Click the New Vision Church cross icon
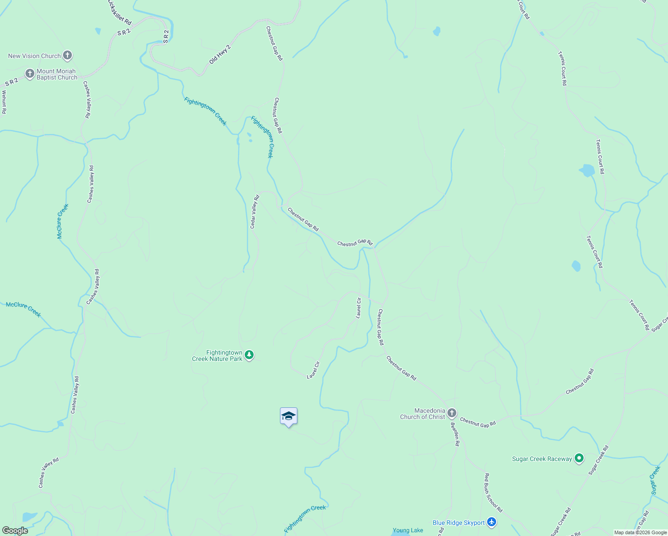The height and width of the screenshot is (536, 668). click(x=67, y=56)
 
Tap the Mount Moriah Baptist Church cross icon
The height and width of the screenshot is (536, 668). click(x=30, y=74)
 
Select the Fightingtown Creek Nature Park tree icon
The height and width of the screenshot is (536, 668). click(x=249, y=356)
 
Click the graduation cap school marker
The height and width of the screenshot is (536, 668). click(x=288, y=416)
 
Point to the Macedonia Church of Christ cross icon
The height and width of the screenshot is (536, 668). click(x=452, y=413)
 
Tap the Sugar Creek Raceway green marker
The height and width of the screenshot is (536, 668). click(x=579, y=458)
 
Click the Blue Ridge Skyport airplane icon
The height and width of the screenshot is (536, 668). click(x=492, y=522)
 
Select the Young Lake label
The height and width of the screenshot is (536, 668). click(x=408, y=530)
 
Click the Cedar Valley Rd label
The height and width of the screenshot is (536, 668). click(x=254, y=212)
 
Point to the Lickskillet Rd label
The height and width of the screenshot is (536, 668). click(x=120, y=13)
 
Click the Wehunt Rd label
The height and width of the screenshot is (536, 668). click(x=4, y=102)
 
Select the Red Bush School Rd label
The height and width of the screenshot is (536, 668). click(x=493, y=493)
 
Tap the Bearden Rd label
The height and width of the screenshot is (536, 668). click(x=455, y=434)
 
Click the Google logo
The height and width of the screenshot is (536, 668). click(x=15, y=531)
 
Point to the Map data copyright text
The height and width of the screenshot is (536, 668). click(x=640, y=532)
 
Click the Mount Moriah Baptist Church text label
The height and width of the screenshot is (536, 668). click(x=57, y=74)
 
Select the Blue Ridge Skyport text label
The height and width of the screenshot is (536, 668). click(x=459, y=523)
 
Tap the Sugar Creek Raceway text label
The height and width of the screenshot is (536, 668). click(x=542, y=459)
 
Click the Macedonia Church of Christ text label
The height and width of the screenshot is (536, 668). click(x=423, y=414)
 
